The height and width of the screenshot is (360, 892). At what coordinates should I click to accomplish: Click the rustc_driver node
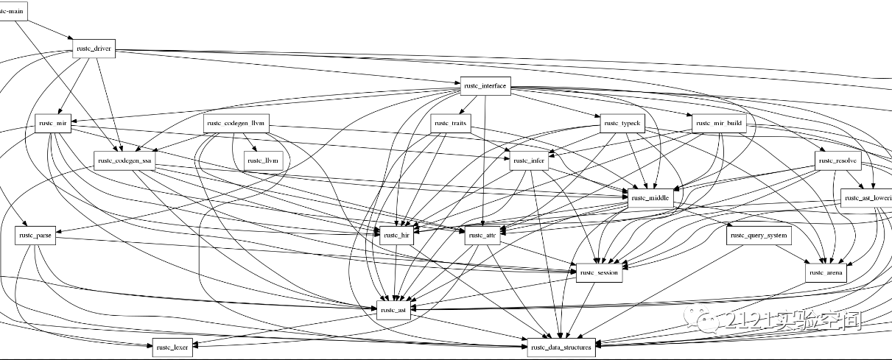pos(93,49)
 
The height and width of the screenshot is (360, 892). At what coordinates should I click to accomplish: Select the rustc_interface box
pos(485,86)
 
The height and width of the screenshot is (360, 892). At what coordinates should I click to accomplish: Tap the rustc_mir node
pos(53,124)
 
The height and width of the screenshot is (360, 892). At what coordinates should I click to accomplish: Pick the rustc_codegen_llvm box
pos(237,124)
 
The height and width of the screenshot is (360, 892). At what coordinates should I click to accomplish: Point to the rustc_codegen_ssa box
pos(124,161)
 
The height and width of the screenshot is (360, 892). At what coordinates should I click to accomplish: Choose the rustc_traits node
pos(451,124)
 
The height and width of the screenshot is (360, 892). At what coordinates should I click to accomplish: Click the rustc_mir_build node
pos(719,124)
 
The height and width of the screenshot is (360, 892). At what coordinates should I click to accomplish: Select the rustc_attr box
pos(483,237)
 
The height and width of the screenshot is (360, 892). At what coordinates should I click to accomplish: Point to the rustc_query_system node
pos(758,237)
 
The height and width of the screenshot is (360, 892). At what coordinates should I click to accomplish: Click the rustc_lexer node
pos(173,347)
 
